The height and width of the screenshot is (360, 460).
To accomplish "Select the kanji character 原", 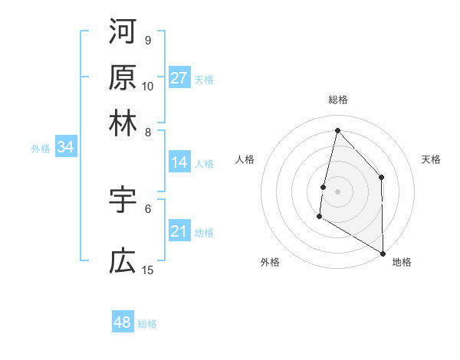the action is [x=123, y=77].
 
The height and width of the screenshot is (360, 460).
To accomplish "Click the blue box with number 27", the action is [x=179, y=78].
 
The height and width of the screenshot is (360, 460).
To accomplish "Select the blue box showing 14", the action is [x=179, y=162].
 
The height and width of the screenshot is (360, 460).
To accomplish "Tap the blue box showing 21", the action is [x=179, y=232].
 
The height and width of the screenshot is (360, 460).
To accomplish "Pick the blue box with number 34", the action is [x=65, y=148].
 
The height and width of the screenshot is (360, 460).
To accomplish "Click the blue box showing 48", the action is [x=123, y=322].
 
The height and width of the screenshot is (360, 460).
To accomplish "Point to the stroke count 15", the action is [x=148, y=270].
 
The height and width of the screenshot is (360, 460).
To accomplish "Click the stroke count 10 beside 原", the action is [x=148, y=86].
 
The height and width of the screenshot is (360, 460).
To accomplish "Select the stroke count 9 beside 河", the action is [x=148, y=40].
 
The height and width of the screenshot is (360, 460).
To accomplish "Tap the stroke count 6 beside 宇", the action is [x=148, y=208].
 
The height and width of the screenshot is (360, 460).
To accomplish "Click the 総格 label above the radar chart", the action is [x=337, y=100].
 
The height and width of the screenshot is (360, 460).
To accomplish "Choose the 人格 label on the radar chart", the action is [x=245, y=159].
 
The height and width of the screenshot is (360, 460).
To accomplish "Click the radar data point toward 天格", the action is [x=381, y=177].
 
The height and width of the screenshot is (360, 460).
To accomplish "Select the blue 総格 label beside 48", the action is [x=147, y=324].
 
